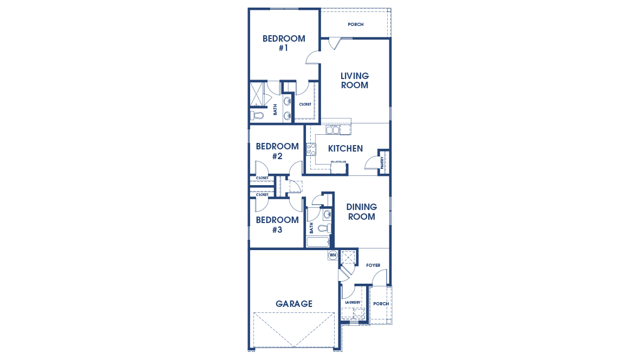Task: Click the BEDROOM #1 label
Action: point(284,43)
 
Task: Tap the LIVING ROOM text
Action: point(354,81)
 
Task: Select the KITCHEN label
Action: point(345,148)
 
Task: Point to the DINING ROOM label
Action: point(361,212)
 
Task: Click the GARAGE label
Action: point(294,304)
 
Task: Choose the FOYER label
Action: point(373,265)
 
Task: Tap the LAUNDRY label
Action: point(352,303)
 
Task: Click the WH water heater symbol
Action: point(332,255)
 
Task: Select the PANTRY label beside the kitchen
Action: point(382,163)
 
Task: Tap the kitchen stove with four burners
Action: point(311,149)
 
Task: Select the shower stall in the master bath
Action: point(257,95)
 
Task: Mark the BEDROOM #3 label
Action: point(277,225)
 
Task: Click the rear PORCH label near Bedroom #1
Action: point(356,24)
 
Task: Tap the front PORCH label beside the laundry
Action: point(381,304)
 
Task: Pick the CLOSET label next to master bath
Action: point(305,104)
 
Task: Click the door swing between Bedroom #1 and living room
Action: point(313,57)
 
